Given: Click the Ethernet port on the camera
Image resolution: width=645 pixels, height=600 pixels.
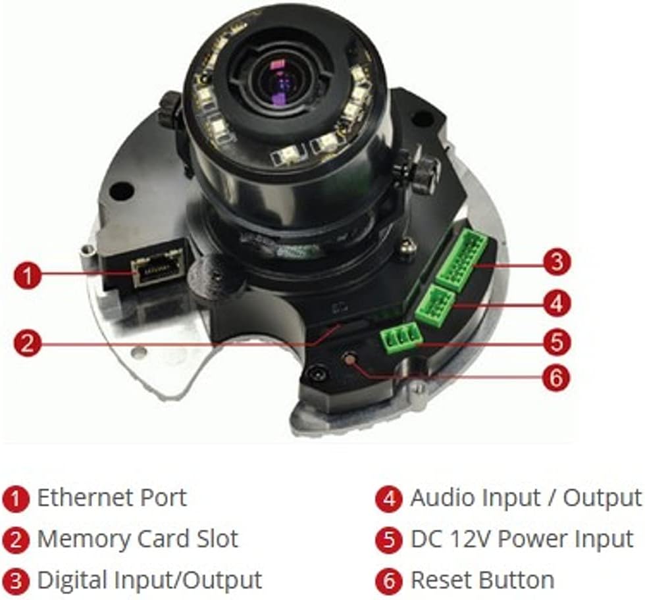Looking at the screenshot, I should click(x=156, y=270).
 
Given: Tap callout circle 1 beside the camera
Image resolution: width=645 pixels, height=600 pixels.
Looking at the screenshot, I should click(x=27, y=275).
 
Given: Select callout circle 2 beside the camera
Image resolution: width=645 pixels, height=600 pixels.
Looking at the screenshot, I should click(x=27, y=343).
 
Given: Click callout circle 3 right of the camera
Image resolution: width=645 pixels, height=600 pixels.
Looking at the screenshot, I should click(x=557, y=262).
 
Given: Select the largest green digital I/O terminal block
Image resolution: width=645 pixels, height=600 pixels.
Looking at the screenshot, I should click(x=462, y=260).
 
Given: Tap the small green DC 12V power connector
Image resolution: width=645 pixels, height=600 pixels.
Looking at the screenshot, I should click(x=401, y=338).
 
